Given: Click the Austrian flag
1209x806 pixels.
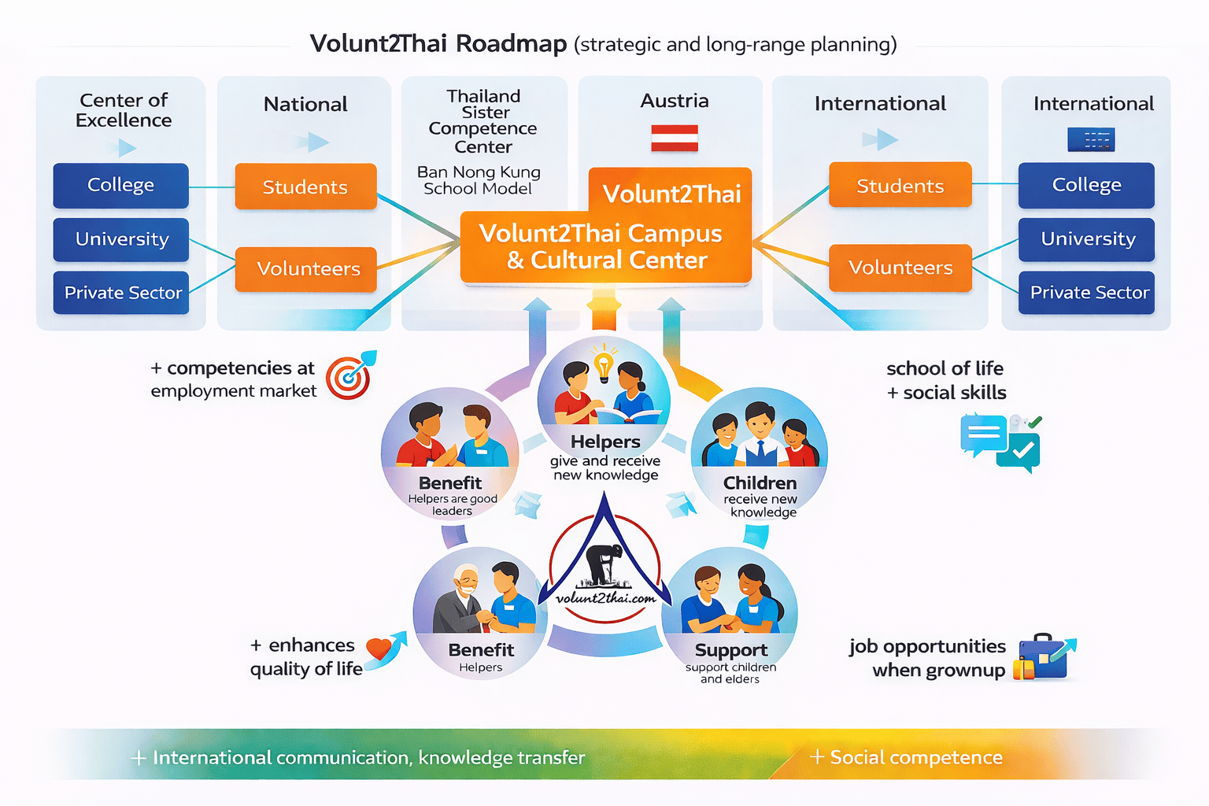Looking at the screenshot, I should click(x=675, y=138).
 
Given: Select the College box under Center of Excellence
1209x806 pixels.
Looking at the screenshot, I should click(x=120, y=185).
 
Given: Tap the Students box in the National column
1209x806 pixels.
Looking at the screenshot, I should click(x=305, y=187).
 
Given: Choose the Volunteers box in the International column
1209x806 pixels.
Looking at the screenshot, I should click(x=900, y=268).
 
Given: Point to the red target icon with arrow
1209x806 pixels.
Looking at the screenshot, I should click(x=349, y=376).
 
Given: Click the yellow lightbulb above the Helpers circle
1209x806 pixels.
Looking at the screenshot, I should click(x=603, y=364).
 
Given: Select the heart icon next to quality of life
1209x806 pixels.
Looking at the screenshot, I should click(x=379, y=649).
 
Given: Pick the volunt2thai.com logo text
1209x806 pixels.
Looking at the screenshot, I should click(x=605, y=598).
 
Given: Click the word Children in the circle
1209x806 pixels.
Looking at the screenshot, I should click(x=760, y=482).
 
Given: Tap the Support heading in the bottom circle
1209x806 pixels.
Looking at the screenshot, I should click(x=730, y=650).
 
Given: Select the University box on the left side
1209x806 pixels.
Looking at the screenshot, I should click(x=121, y=239).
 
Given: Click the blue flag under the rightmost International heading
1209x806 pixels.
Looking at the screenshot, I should click(x=1091, y=140).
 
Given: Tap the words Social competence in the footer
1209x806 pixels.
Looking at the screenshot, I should click(x=916, y=757).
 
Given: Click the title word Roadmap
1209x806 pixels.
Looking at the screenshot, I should click(x=511, y=43).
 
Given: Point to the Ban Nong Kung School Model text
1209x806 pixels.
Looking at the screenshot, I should click(x=479, y=180).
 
